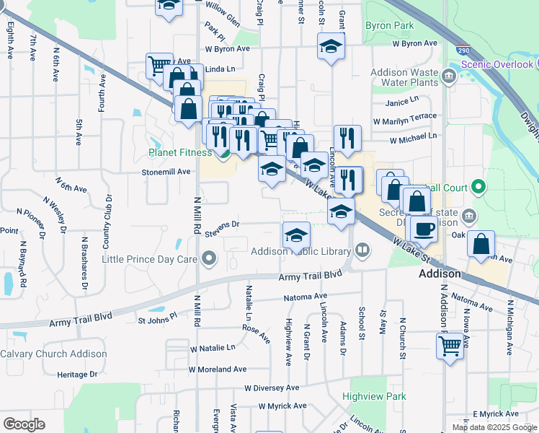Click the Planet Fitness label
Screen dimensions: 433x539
pyautogui.click(x=180, y=152)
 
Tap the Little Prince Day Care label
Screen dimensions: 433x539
pyautogui.click(x=150, y=259)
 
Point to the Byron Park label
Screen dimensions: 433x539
pyautogui.click(x=389, y=25)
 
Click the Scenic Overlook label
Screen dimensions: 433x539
pyautogui.click(x=496, y=64)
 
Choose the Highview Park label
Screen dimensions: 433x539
pyautogui.click(x=374, y=396)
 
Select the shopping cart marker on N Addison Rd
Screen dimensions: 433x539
pyautogui.click(x=450, y=346)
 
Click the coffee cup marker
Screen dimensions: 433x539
pyautogui.click(x=424, y=227)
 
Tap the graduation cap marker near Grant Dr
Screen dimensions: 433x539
pyautogui.click(x=331, y=47)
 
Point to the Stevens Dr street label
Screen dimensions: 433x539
pyautogui.click(x=221, y=228)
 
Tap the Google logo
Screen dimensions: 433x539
pyautogui.click(x=24, y=424)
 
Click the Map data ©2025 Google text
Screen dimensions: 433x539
pyautogui.click(x=494, y=427)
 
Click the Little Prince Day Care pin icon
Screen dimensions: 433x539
pyautogui.click(x=210, y=258)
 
